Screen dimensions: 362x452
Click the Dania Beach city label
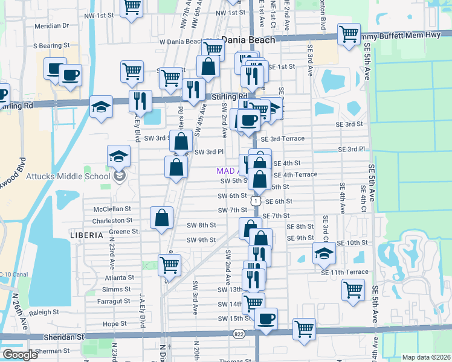pyautogui.click(x=248, y=40)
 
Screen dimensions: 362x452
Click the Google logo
pyautogui.click(x=19, y=355)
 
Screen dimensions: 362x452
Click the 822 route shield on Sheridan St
pyautogui.click(x=239, y=333)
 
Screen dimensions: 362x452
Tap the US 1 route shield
pyautogui.click(x=257, y=200)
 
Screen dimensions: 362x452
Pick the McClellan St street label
pyautogui.click(x=112, y=209)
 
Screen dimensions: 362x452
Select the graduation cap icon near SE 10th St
pyautogui.click(x=324, y=253)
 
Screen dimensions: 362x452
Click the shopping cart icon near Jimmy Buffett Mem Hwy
pyautogui.click(x=349, y=34)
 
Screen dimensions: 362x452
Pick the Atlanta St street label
pyautogui.click(x=118, y=278)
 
